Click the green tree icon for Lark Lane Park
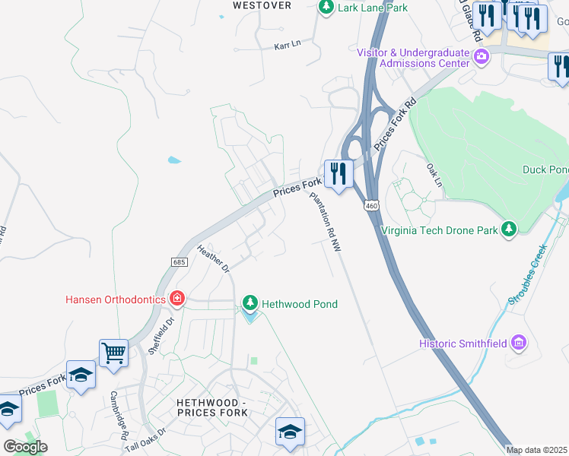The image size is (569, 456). (326, 8)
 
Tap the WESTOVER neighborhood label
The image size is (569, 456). (262, 5)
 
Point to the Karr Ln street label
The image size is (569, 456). (288, 45)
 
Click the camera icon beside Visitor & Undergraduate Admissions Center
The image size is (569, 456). (482, 57)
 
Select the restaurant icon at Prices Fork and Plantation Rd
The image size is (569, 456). (338, 173)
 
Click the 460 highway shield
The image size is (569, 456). (370, 206)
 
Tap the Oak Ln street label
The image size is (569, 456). (434, 175)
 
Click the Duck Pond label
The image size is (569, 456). (545, 169)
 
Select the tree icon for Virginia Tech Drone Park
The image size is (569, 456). (510, 229)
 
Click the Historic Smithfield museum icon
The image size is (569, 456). (520, 344)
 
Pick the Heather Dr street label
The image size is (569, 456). (213, 258)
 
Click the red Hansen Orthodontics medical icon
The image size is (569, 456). (176, 299)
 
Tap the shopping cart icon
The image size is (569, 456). (113, 352)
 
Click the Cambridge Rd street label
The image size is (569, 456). (117, 416)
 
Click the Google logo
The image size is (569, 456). (26, 447)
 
